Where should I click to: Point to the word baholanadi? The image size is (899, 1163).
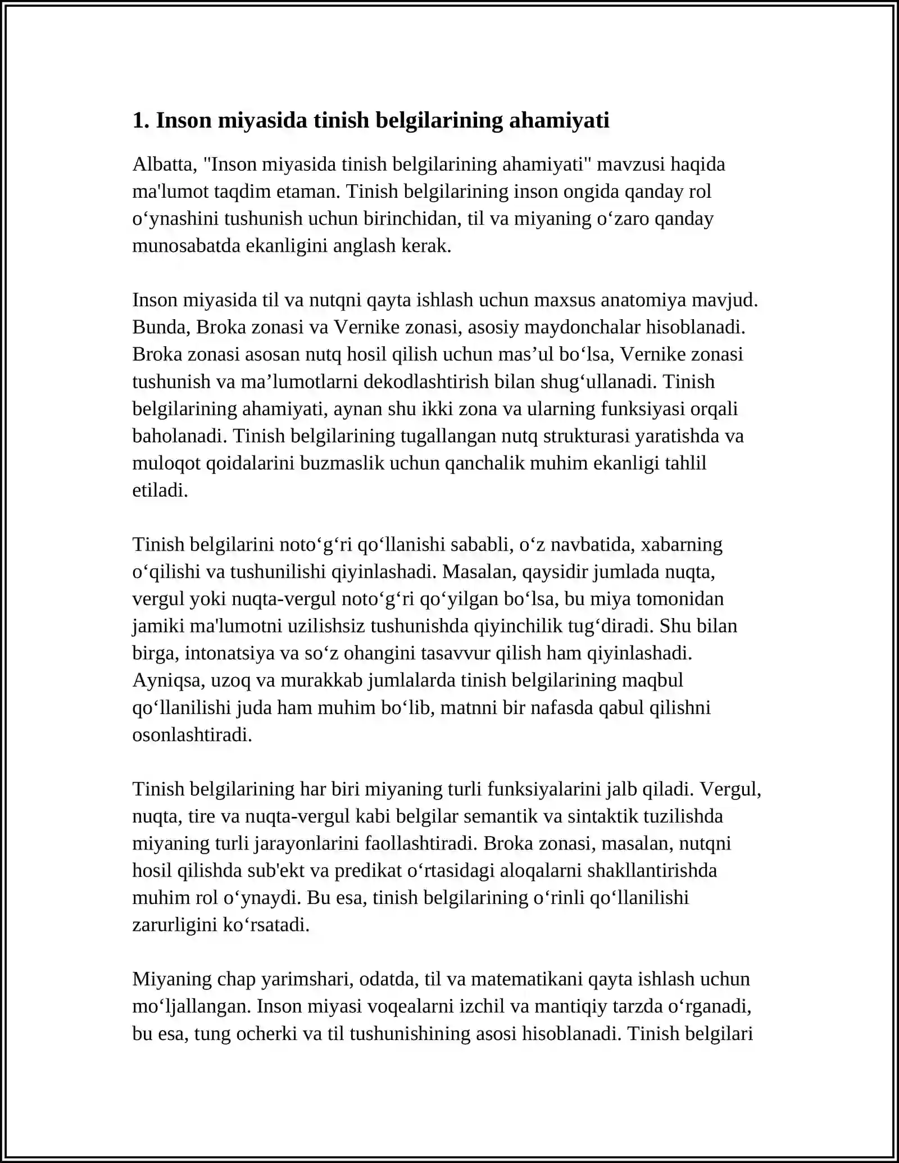pos(180,436)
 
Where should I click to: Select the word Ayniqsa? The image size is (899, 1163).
pos(168,680)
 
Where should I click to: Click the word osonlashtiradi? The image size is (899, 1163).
pos(192,735)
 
